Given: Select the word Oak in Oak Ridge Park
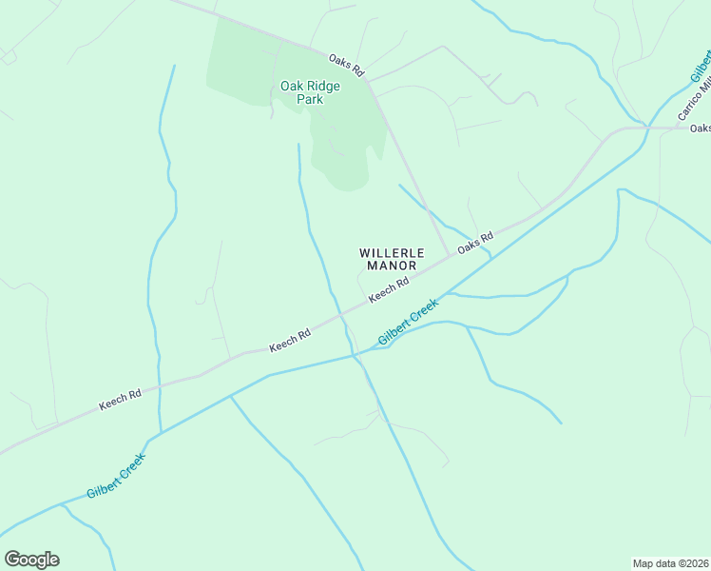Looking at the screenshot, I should point(291,86).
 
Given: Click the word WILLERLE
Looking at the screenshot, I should point(388,253).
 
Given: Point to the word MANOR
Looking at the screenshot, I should point(388,266).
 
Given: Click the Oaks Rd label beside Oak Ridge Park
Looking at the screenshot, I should point(347,65).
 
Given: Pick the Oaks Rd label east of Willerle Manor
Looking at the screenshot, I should point(475,243).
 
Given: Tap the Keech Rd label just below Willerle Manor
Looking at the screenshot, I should point(389,289).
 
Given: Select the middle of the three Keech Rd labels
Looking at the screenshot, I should point(290,341).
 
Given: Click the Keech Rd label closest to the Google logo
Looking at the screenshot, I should point(120,400).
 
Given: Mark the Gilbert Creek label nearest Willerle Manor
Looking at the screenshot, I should point(409,322).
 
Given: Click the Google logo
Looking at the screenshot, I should point(31,560).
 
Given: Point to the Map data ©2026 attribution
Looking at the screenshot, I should point(671,562).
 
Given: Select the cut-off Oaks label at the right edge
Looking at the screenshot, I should point(701,128).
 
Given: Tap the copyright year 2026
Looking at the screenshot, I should point(697,562).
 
